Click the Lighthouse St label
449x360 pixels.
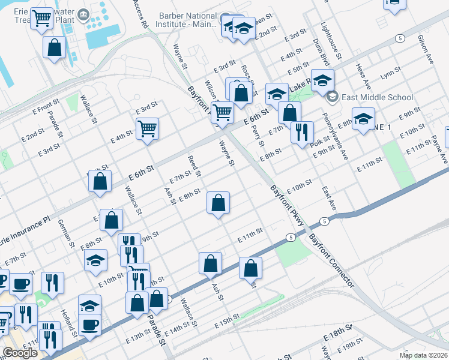coord(331,40)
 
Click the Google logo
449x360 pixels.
coord(20,353)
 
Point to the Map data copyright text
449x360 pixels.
coord(423,355)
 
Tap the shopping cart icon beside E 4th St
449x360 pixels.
coord(147,128)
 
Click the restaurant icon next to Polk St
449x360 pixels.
coord(302,131)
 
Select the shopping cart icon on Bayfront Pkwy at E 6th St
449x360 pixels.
coord(222,112)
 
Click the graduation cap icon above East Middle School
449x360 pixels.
coord(322,81)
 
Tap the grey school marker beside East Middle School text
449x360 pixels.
coord(332,97)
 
